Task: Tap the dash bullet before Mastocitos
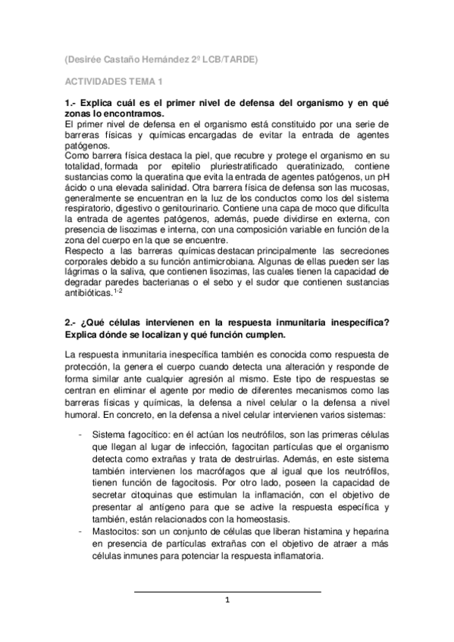[81, 532]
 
